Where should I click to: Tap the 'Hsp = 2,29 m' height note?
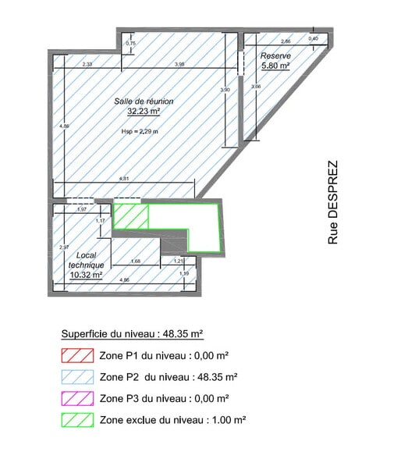point(140,131)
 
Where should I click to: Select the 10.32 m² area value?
point(86,275)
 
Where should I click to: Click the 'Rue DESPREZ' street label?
point(333,203)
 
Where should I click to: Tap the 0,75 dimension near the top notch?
point(130,44)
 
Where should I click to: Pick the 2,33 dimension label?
point(87,64)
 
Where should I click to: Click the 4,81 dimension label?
point(123,180)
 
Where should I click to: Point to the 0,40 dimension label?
point(313,38)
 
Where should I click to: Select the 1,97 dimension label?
point(81,209)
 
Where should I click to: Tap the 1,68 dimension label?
point(135,261)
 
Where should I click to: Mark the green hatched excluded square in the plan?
point(130,216)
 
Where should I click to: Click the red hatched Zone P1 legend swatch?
point(76,355)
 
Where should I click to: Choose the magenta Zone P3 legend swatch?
point(76,398)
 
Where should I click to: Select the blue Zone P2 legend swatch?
point(76,376)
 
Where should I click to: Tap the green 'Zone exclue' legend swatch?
point(76,420)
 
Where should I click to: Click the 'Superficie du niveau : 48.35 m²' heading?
point(133,333)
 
